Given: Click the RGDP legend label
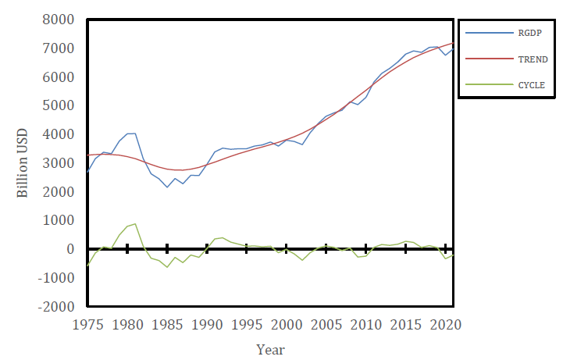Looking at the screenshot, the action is point(529,33).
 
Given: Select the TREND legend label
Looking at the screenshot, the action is point(533,59).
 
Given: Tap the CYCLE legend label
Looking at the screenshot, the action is point(531,85).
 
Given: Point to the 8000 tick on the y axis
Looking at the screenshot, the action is point(59,20).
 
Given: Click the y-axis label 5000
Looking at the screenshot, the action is point(59,105).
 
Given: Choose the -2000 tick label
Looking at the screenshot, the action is point(56,307).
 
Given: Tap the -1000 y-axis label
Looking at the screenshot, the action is point(56,278).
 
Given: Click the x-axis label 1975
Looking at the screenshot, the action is point(88,325).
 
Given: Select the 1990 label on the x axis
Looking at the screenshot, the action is point(207,325).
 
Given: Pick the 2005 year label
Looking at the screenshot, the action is point(326,325).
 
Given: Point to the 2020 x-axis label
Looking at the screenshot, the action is point(445,325).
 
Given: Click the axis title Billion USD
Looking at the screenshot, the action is point(22,163).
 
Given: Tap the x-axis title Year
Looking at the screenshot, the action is point(270,350).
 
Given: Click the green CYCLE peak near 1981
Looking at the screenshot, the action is point(135,224).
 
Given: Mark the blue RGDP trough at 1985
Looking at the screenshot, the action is point(167,187).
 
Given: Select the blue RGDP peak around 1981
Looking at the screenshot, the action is point(135,134).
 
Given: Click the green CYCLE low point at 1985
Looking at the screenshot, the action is point(167,267).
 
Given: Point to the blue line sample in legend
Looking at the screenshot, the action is point(490,33).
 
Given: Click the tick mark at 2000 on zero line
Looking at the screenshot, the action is point(287,249).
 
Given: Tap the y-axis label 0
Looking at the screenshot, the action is point(70,249).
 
